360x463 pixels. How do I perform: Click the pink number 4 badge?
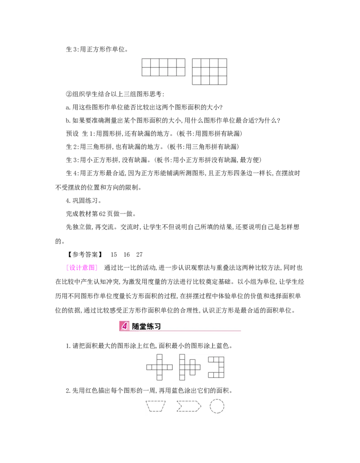(x=125, y=326)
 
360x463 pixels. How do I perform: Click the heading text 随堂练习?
(x=146, y=326)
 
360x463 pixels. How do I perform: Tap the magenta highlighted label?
(x=81, y=268)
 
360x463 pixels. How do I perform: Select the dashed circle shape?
(x=217, y=406)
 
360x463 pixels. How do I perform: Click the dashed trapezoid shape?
(x=156, y=406)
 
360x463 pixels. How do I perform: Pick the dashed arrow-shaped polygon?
(x=189, y=406)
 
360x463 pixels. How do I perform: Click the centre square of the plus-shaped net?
(x=159, y=367)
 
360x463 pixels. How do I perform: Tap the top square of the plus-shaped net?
(x=159, y=357)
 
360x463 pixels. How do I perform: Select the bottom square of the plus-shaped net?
(x=159, y=377)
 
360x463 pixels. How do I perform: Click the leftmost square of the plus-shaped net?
(x=149, y=367)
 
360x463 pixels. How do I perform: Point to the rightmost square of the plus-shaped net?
(x=170, y=367)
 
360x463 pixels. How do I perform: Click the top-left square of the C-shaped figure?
(x=211, y=359)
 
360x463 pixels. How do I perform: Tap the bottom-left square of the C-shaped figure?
(x=211, y=375)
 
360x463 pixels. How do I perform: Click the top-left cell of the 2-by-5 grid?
(x=146, y=63)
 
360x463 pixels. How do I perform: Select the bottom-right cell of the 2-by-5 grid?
(x=180, y=72)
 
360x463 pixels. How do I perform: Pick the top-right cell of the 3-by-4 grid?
(x=222, y=63)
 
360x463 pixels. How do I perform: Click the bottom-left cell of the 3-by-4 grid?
(x=197, y=80)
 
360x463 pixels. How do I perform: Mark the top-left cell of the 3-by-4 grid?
(x=197, y=63)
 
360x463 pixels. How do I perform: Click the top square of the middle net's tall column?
(x=182, y=357)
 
